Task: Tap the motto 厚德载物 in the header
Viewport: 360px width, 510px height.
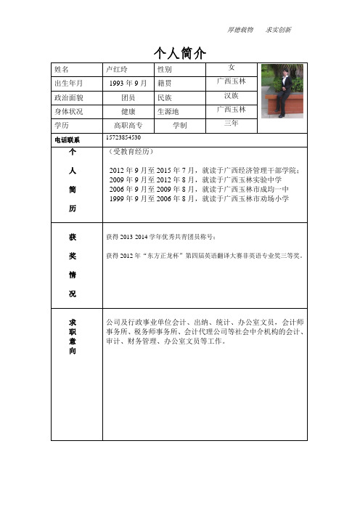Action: pyautogui.click(x=242, y=30)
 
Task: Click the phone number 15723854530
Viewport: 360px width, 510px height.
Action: pyautogui.click(x=123, y=138)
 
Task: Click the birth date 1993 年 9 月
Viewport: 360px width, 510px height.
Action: pyautogui.click(x=128, y=83)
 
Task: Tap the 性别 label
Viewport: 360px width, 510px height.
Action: pyautogui.click(x=165, y=69)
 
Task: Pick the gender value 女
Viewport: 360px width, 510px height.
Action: pyautogui.click(x=232, y=67)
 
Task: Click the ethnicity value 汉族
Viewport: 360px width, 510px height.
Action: pyautogui.click(x=232, y=95)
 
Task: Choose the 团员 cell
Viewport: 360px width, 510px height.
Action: pyautogui.click(x=128, y=97)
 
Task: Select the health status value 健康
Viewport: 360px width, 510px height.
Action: pyautogui.click(x=128, y=110)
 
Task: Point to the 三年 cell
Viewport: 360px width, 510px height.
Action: pyautogui.click(x=232, y=124)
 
